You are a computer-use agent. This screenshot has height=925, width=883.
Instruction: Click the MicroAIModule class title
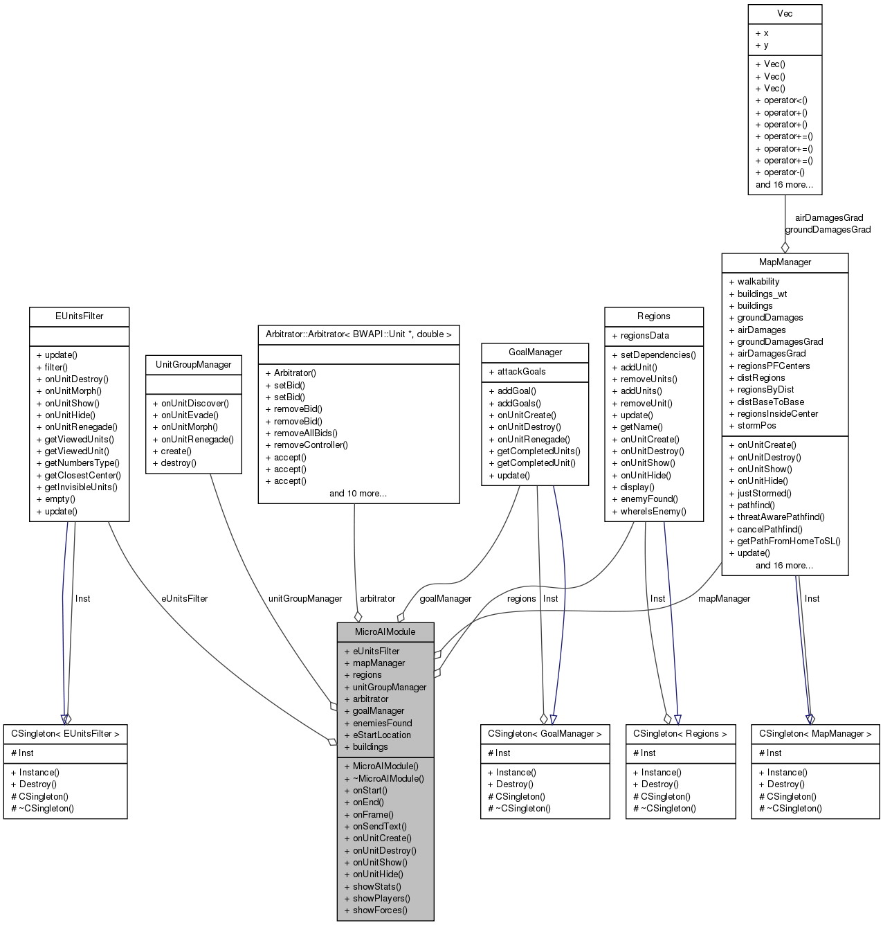(x=385, y=631)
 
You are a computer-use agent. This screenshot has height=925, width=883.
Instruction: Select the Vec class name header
(x=785, y=14)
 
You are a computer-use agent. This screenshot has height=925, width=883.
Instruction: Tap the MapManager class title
(x=785, y=262)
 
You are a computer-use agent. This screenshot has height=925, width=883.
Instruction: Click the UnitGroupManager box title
(x=194, y=365)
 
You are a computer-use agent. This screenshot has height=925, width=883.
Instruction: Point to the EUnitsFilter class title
(x=79, y=316)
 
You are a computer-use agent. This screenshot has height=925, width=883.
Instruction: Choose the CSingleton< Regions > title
(x=680, y=734)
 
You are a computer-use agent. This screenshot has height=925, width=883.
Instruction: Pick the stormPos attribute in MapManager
(x=756, y=426)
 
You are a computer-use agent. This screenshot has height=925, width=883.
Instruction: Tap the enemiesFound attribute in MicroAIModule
(x=382, y=723)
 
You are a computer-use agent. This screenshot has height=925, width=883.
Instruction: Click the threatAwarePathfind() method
(x=781, y=517)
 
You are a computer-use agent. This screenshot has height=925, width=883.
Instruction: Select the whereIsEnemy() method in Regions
(x=653, y=512)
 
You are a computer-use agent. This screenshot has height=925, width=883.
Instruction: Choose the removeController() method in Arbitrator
(x=311, y=445)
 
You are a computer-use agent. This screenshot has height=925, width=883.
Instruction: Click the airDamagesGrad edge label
(x=828, y=218)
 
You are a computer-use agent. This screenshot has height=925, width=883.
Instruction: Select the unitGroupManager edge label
(x=305, y=599)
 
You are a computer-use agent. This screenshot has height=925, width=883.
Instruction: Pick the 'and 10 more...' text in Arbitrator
(x=358, y=494)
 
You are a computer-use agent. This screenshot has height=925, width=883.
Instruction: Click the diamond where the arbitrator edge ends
(x=358, y=616)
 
